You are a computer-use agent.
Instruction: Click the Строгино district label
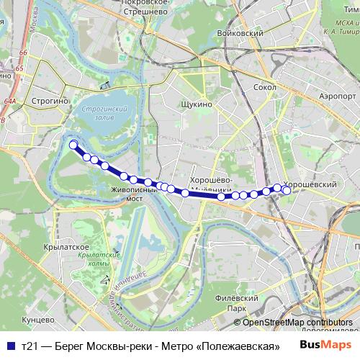49,102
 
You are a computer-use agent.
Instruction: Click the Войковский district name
245,33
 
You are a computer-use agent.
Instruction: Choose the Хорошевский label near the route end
311,184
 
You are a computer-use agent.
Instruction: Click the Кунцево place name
39,319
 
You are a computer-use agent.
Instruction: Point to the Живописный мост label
132,194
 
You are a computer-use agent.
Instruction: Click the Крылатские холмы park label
95,259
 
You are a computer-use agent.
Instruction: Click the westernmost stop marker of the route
73,145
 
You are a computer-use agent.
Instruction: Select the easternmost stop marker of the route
286,190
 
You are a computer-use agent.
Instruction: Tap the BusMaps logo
322,345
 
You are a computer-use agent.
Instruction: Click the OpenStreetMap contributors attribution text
297,323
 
